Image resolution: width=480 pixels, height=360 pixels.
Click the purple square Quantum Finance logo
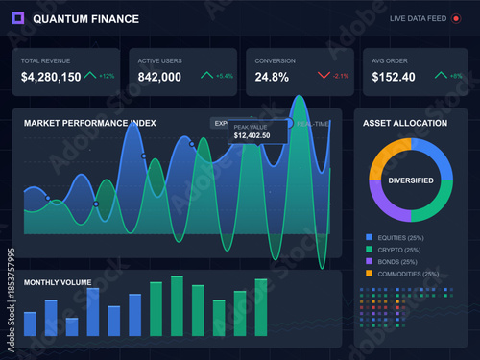[x=19, y=18]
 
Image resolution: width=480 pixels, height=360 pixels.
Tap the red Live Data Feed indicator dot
[x=456, y=18]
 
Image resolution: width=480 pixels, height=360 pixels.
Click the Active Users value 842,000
[x=159, y=77]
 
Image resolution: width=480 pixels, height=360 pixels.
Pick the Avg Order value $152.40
[x=394, y=77]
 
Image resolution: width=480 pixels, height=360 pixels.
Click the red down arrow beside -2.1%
[x=324, y=75]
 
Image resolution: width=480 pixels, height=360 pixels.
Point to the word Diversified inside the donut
[x=410, y=180]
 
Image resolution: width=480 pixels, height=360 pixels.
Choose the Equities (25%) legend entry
[x=401, y=237]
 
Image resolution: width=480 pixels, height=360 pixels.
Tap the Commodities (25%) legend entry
[x=407, y=274]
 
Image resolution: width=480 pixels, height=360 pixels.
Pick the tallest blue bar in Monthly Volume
[x=93, y=312]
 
